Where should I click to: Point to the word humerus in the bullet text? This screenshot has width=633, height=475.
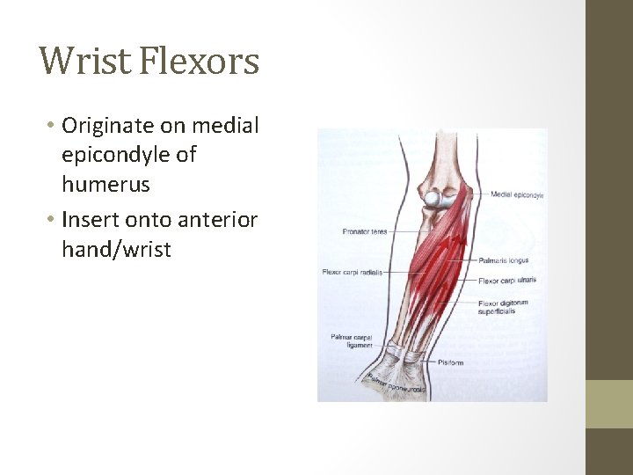pyautogui.click(x=105, y=185)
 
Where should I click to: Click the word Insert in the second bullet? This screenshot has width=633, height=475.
pyautogui.click(x=91, y=219)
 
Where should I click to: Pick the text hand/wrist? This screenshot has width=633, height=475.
pyautogui.click(x=116, y=250)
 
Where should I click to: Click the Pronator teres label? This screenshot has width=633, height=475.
pyautogui.click(x=364, y=231)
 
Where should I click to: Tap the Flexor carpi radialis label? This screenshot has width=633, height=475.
pyautogui.click(x=352, y=273)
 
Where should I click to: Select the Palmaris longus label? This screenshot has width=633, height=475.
pyautogui.click(x=504, y=260)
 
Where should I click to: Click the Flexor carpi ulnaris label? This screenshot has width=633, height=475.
pyautogui.click(x=507, y=281)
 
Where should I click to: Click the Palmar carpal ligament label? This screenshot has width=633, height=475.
pyautogui.click(x=352, y=340)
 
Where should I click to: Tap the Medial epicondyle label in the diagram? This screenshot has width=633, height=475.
pyautogui.click(x=517, y=194)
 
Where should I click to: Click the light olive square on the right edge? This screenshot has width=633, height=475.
pyautogui.click(x=609, y=404)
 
